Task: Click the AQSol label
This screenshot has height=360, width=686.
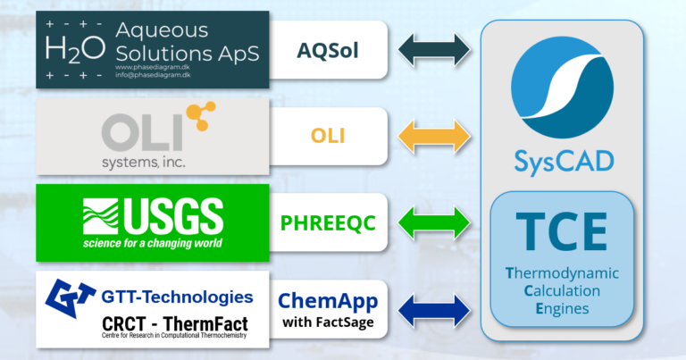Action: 328,49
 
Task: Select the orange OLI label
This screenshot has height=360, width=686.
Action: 328,136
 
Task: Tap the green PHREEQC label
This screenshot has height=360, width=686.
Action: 328,221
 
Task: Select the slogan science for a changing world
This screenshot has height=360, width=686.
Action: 153,242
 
